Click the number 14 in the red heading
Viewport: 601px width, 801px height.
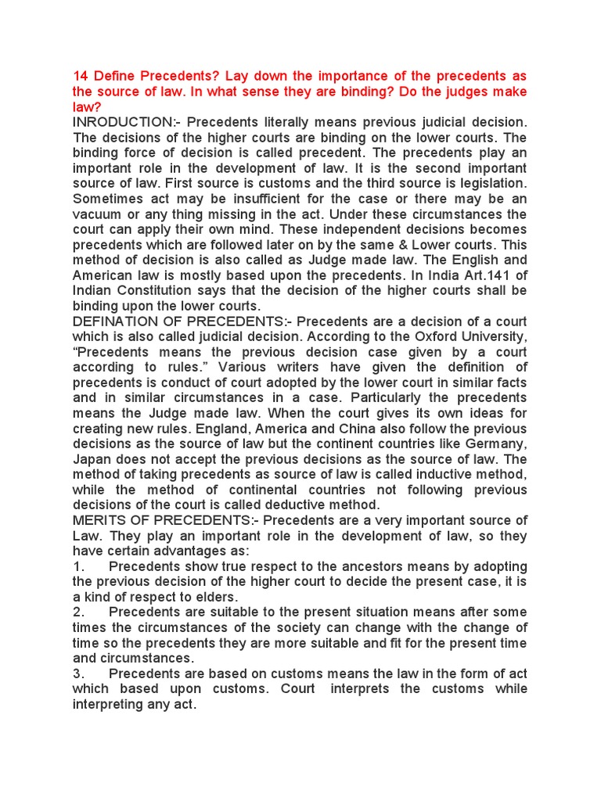click(x=81, y=76)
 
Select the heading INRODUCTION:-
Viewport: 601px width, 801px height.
click(x=125, y=122)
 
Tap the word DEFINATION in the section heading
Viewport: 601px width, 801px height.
click(x=113, y=321)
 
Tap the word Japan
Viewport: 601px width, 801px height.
click(x=92, y=459)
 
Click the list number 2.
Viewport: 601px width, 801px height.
click(x=77, y=612)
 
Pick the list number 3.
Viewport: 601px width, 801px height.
click(x=77, y=673)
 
